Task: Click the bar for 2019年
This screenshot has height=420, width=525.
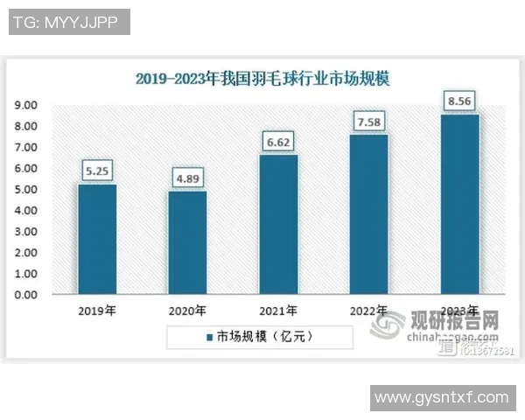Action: [x=96, y=239]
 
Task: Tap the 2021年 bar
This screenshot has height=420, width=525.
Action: [x=278, y=225]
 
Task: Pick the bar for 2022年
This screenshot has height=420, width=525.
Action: [x=369, y=214]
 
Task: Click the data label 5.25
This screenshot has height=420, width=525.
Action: [x=96, y=171]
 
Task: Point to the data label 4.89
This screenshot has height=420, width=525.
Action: [x=187, y=179]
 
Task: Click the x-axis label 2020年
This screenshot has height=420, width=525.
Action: [x=187, y=311]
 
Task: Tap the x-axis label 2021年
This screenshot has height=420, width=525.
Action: [x=278, y=311]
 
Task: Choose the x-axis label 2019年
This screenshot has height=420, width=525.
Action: [x=96, y=311]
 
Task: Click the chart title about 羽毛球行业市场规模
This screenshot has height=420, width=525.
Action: [x=262, y=79]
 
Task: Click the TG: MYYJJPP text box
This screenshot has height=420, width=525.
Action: [x=68, y=22]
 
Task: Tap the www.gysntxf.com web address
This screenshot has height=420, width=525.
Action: [x=441, y=397]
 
